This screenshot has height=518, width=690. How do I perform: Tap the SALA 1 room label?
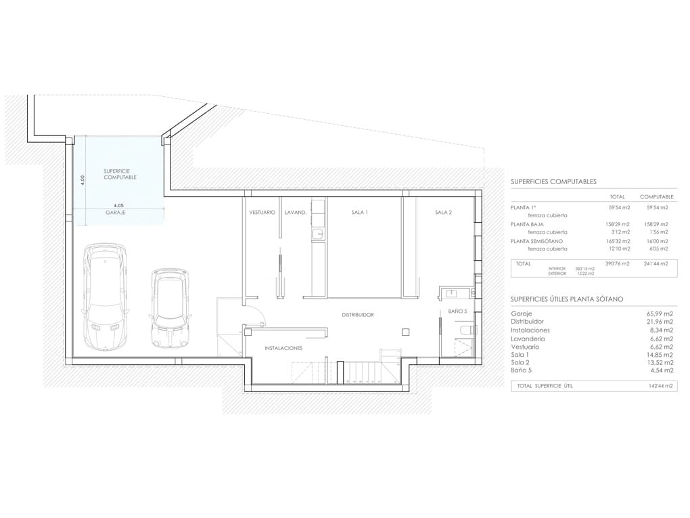coord(359,213)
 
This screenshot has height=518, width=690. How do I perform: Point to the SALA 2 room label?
coord(443,213)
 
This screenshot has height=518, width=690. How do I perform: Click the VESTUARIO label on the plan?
coord(262,213)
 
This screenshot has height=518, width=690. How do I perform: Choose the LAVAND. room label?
coord(296,213)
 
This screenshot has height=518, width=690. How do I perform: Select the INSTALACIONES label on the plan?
coord(283,348)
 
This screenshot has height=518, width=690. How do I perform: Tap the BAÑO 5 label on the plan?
coord(458,311)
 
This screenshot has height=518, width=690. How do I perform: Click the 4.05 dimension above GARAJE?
coord(118,205)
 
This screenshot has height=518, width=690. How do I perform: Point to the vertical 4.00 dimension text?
coord(83,180)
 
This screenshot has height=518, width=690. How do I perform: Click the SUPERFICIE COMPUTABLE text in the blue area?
coord(120,174)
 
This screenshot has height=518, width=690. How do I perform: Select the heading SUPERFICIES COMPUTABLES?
coord(553,182)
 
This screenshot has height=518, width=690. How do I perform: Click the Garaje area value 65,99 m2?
coord(660,314)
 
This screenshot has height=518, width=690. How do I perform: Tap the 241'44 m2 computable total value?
coord(655,263)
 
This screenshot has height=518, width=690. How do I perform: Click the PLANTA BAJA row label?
coord(528,224)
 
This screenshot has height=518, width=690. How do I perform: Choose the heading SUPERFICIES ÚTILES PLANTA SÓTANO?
coord(567,299)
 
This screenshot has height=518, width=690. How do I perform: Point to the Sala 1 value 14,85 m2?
coord(660,355)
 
